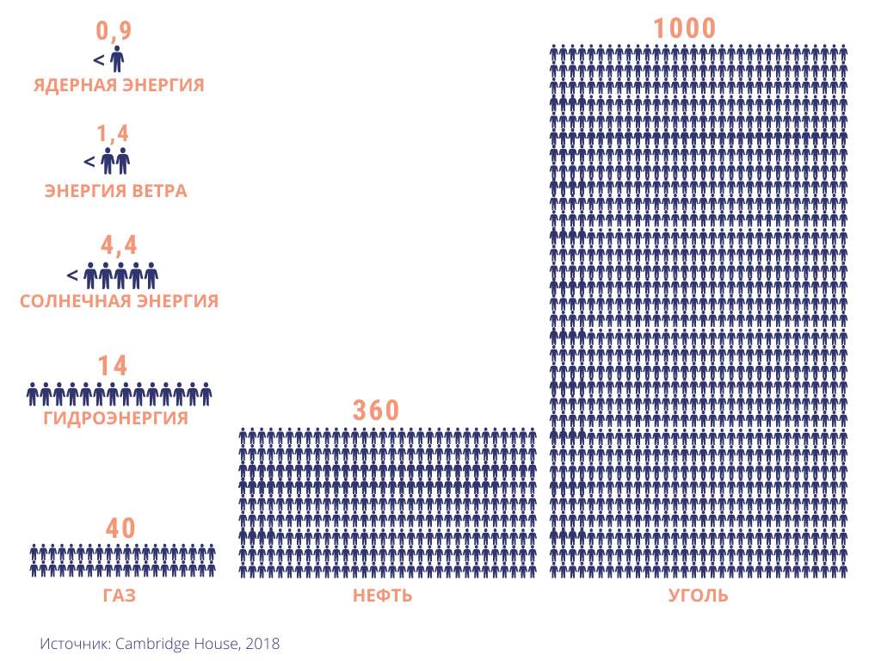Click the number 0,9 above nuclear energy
click(114, 32)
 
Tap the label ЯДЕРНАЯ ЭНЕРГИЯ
click(119, 85)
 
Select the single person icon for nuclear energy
click(117, 59)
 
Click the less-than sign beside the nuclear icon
click(98, 60)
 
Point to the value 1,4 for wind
click(113, 134)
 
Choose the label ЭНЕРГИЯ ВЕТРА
click(115, 191)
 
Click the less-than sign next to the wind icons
click(89, 161)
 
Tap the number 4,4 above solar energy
click(118, 245)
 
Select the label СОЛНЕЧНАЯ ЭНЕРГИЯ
click(119, 301)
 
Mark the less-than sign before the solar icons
click(72, 275)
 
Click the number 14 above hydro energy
click(113, 366)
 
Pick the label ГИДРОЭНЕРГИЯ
click(115, 419)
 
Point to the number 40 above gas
click(120, 528)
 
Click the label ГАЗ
click(120, 596)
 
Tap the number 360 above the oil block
click(377, 411)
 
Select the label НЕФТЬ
click(383, 596)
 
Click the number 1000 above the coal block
click(685, 28)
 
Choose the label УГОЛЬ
click(699, 596)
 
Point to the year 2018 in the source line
click(264, 643)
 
